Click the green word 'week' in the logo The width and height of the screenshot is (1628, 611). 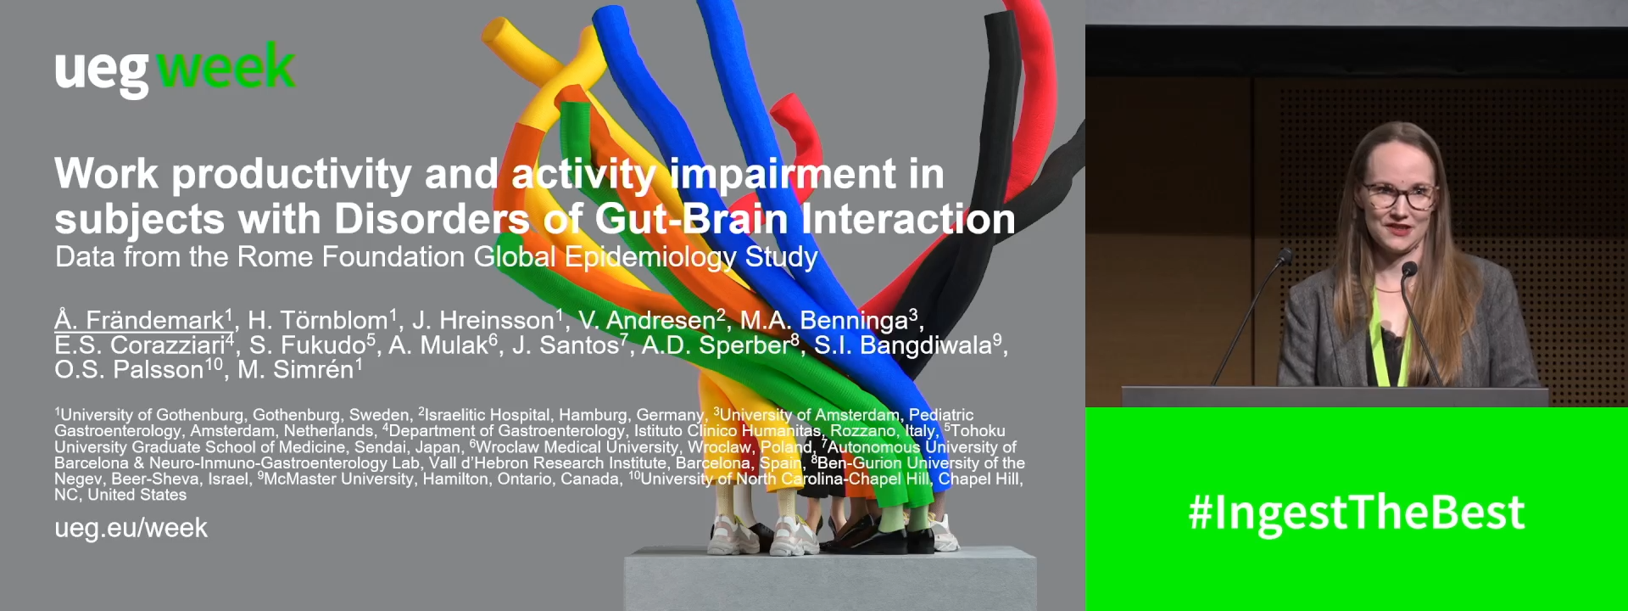[226, 66]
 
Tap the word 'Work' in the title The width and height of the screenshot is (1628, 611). [106, 173]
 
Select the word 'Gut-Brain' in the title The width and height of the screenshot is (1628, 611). [691, 219]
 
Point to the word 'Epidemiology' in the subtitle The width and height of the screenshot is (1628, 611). [651, 258]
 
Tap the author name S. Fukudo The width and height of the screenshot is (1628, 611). [311, 345]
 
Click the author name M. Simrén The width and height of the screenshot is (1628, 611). [299, 370]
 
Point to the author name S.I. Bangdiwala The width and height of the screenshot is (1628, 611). [907, 345]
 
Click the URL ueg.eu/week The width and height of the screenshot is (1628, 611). [131, 528]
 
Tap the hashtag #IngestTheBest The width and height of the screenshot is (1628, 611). [1357, 513]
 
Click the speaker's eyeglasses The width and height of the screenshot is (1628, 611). [1399, 195]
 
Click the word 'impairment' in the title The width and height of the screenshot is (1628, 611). [783, 175]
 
